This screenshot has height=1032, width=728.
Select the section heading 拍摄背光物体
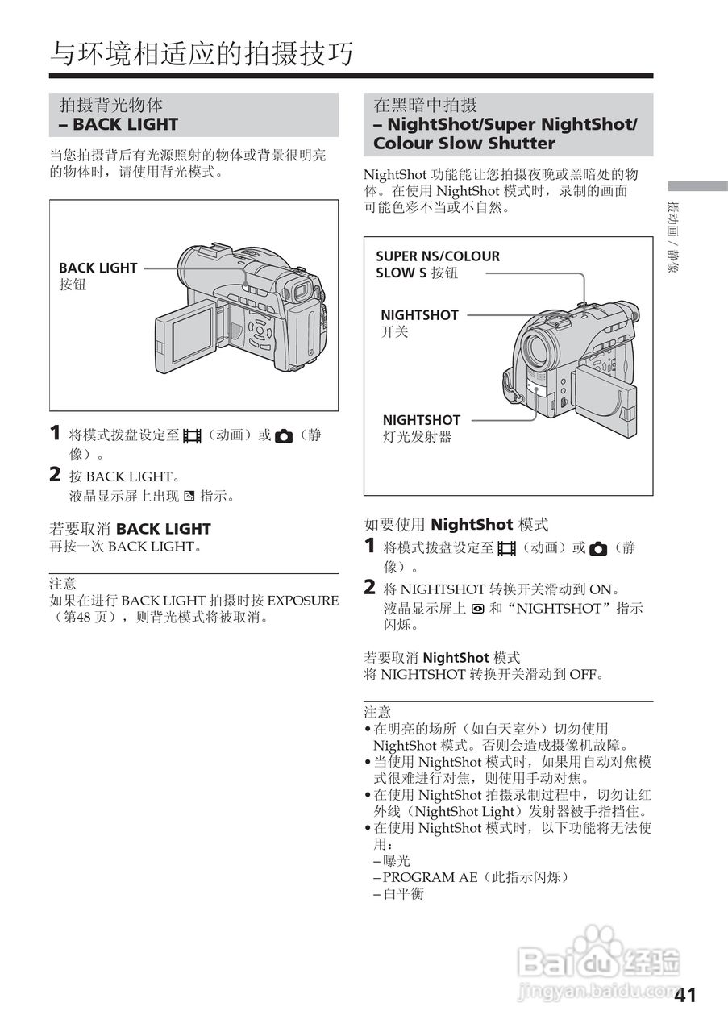(x=111, y=105)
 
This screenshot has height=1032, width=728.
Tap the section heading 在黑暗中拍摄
(x=426, y=105)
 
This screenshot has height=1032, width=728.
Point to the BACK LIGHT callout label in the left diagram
(x=98, y=268)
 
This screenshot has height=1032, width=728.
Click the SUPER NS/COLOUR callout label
(x=438, y=256)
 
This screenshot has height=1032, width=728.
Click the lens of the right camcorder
(x=536, y=348)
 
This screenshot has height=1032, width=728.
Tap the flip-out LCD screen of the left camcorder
(x=185, y=338)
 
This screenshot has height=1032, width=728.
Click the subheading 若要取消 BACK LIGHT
(x=131, y=529)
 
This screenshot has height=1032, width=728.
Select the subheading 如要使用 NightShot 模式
(x=456, y=525)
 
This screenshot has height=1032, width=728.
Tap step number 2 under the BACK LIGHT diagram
(x=55, y=476)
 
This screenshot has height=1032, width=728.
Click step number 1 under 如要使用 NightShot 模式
(x=369, y=547)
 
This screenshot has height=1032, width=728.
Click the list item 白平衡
(x=402, y=894)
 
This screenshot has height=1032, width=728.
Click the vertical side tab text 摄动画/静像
(x=672, y=238)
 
